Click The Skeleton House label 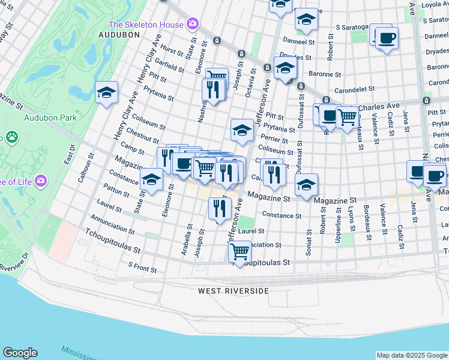point(145,25)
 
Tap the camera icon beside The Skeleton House point(193,25)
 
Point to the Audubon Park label point(50,118)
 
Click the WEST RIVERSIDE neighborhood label point(234,290)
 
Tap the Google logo point(20,353)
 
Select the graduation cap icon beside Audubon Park point(106,93)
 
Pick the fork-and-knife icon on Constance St point(220,209)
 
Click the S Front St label point(142,267)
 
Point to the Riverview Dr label point(15,258)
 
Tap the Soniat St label point(309,242)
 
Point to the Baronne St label point(325,75)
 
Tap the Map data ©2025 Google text point(411,355)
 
